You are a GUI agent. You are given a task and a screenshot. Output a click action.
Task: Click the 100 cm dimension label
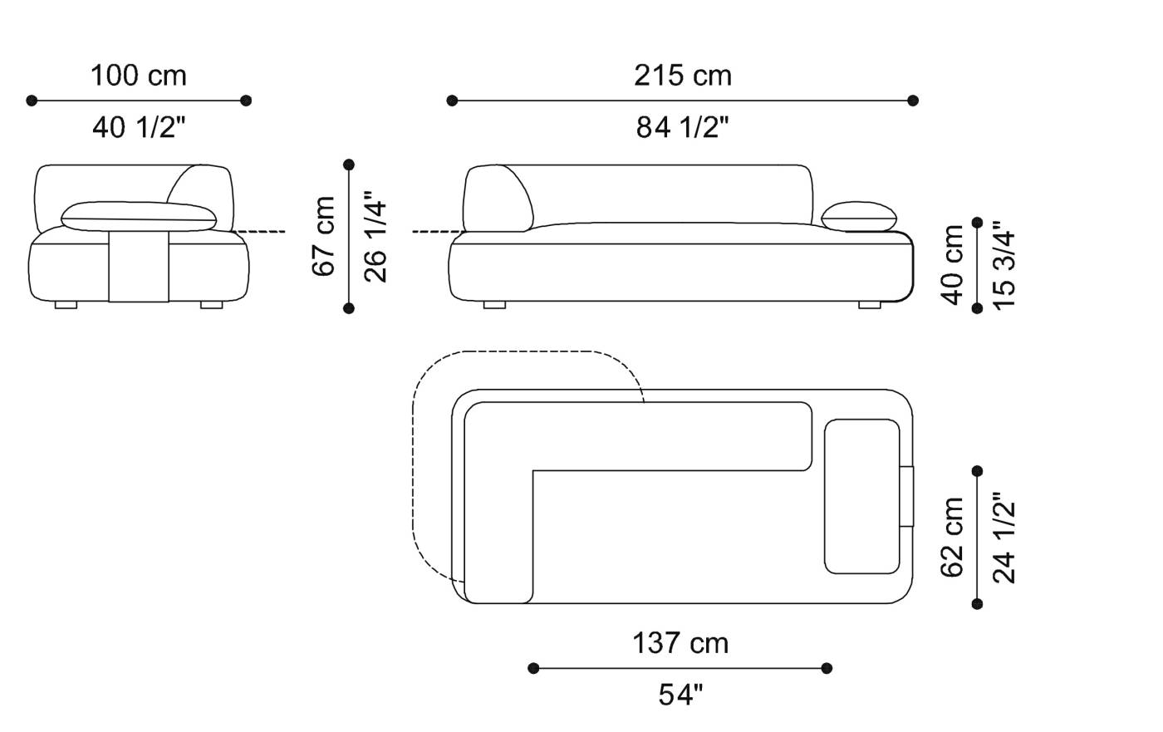tap(139, 76)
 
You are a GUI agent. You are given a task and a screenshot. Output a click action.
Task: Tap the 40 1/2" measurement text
tap(139, 127)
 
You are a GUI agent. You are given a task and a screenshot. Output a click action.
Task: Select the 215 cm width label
tap(683, 76)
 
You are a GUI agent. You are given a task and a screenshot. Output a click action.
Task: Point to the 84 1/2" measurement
tap(683, 127)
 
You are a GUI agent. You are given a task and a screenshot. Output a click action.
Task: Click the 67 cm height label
tap(324, 236)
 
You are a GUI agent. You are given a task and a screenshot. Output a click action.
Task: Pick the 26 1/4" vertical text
tap(375, 237)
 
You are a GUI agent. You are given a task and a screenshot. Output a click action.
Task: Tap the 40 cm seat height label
tap(952, 265)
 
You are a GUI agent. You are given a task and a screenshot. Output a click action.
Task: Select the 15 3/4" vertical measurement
tap(1004, 265)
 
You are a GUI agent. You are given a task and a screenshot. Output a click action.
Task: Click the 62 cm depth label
tap(952, 538)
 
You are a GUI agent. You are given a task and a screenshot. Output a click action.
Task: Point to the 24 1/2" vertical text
tap(1004, 538)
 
